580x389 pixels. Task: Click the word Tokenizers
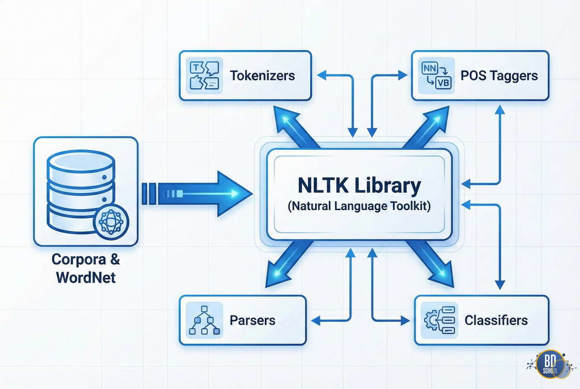tap(262, 76)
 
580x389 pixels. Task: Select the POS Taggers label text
tap(499, 76)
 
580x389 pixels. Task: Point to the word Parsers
tap(252, 320)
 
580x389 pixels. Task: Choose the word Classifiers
tap(496, 320)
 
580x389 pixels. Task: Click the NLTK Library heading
tap(359, 186)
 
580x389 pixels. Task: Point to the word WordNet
tap(86, 277)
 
